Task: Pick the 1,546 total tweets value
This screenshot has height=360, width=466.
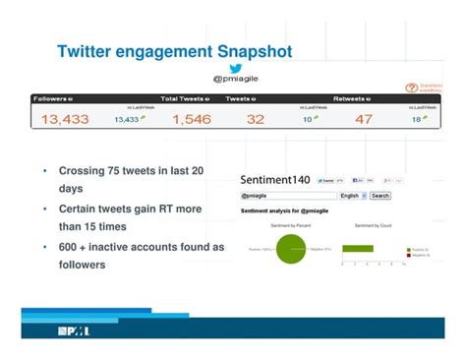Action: tap(191, 119)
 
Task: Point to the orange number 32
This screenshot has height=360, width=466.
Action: tap(256, 119)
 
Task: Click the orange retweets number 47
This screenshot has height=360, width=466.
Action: tap(364, 119)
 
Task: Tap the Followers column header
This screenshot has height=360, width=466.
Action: tap(53, 98)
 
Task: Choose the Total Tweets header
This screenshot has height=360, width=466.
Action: tap(185, 98)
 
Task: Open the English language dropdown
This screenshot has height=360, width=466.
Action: tap(352, 196)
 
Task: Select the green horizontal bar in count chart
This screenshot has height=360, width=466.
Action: tap(357, 248)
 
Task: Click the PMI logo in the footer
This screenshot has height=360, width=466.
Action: tap(73, 330)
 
